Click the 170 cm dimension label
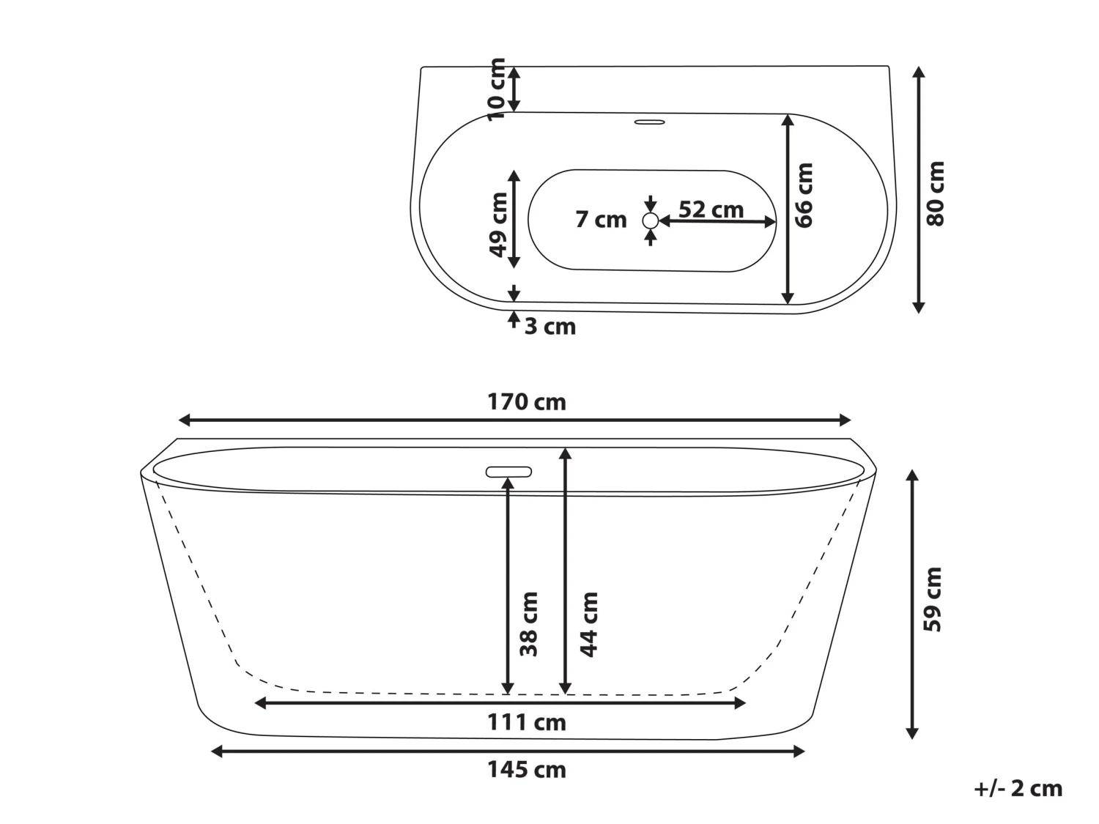point(526,402)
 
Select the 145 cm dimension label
point(526,770)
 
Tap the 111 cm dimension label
point(526,723)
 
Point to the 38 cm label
point(529,624)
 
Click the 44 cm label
point(589,624)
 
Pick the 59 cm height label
point(933,599)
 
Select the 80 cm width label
point(936,193)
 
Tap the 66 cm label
point(804,195)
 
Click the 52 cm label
point(711,209)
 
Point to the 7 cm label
point(601,220)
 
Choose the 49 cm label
point(498,224)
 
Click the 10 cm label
point(497,89)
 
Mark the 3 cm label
point(549,327)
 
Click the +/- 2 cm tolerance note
point(1018,788)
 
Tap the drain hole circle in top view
point(650,220)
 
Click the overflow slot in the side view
point(508,472)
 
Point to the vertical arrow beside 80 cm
point(918,190)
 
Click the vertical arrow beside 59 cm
point(912,604)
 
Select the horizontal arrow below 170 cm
point(515,420)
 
